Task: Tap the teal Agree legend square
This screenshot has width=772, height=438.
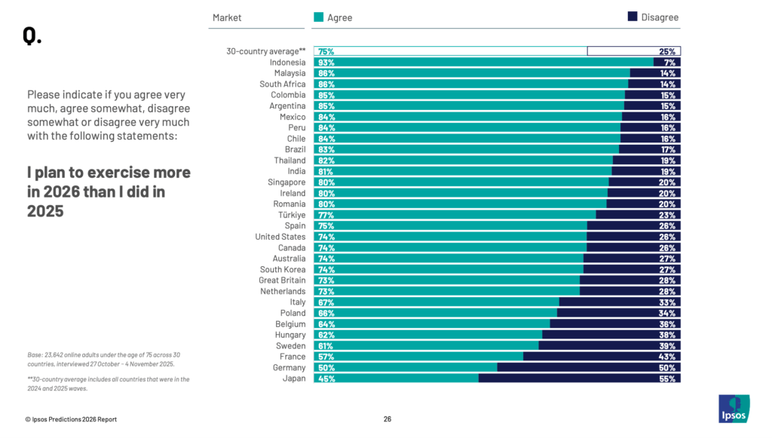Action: pos(319,17)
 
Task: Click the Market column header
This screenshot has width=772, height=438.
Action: pos(227,17)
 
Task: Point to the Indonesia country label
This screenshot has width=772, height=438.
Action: pos(287,63)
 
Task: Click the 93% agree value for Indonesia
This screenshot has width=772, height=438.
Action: pos(326,63)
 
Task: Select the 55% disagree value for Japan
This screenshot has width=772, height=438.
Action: pos(666,378)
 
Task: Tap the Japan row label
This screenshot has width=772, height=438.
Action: pos(294,378)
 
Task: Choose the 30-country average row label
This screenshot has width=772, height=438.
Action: pos(266,51)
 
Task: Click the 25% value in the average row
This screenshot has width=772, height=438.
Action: pos(666,51)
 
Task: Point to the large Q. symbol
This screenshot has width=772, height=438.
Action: pos(32,36)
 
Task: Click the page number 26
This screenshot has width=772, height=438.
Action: pos(388,419)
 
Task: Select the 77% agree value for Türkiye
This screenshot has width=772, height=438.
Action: pos(326,215)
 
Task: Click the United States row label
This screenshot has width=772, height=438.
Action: pos(280,237)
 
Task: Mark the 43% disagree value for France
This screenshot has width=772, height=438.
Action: pos(666,357)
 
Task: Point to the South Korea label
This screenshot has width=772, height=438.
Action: pos(283,270)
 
